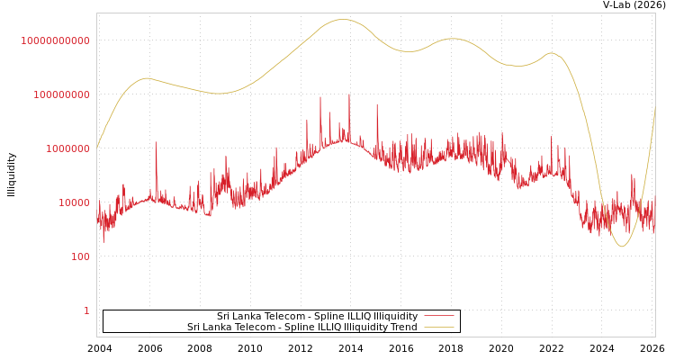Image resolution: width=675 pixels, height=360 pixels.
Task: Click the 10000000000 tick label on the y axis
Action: pyautogui.click(x=55, y=40)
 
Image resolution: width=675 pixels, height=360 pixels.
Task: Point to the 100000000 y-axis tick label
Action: pyautogui.click(x=61, y=94)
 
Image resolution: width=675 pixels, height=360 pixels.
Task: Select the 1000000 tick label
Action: pyautogui.click(x=67, y=148)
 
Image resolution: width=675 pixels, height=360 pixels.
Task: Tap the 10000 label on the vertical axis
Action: pyautogui.click(x=74, y=202)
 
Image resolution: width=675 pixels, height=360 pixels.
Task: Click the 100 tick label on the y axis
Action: pyautogui.click(x=80, y=256)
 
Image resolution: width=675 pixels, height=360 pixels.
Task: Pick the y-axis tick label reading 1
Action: pyautogui.click(x=86, y=310)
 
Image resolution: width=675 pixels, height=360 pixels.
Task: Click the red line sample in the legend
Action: pyautogui.click(x=438, y=317)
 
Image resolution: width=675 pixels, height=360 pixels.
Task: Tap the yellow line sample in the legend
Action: pyautogui.click(x=438, y=328)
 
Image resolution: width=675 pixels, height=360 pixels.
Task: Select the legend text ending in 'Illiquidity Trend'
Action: pyautogui.click(x=301, y=328)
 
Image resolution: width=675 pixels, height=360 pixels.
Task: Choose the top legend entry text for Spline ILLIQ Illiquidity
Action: pyautogui.click(x=317, y=317)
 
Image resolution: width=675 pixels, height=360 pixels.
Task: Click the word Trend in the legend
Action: pyautogui.click(x=402, y=328)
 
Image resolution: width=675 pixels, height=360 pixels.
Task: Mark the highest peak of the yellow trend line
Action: pyautogui.click(x=343, y=19)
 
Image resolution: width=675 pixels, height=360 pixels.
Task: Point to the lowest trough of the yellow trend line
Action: pyautogui.click(x=622, y=247)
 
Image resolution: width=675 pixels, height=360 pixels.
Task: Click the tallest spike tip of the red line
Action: pyautogui.click(x=349, y=94)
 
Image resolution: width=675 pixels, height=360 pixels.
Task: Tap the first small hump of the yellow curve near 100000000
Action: pyautogui.click(x=147, y=78)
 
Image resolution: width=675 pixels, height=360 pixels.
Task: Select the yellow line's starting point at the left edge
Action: pyautogui.click(x=97, y=147)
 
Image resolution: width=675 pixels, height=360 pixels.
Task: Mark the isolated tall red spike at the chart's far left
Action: pyautogui.click(x=156, y=142)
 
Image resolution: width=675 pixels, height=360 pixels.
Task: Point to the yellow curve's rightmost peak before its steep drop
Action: pyautogui.click(x=552, y=53)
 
